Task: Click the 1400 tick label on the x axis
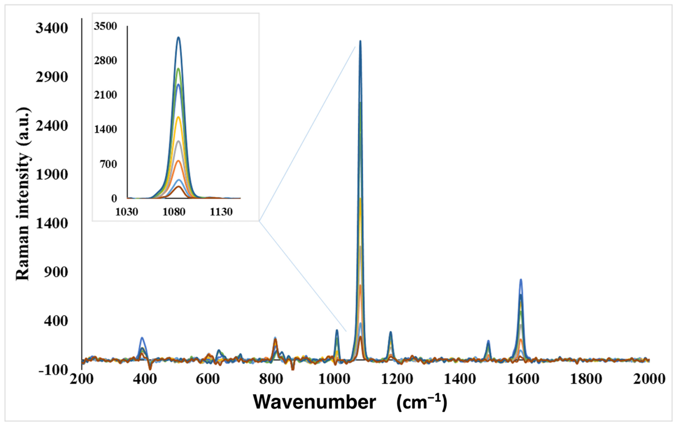(x=461, y=379)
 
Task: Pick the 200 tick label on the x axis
(x=82, y=379)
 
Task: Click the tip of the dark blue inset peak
(x=178, y=37)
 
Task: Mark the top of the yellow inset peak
(x=178, y=117)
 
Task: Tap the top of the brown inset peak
(x=178, y=187)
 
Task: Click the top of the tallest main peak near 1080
(x=360, y=41)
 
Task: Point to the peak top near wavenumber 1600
(x=521, y=280)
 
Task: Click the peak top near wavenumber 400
(x=142, y=338)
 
